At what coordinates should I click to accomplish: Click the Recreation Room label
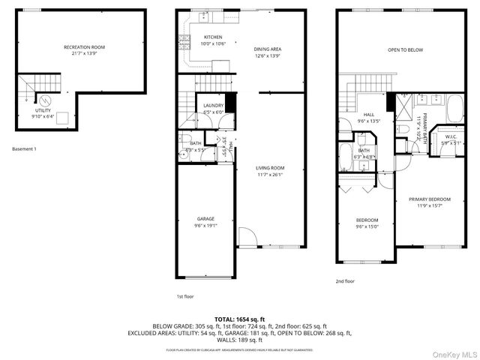pos(82,47)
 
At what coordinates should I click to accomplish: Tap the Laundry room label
pos(213,106)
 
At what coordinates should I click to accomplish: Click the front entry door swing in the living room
pos(247,237)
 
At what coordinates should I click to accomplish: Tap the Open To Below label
pos(404,50)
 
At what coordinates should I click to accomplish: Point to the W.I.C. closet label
pos(451,136)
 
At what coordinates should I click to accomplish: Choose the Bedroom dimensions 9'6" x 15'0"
pos(366,227)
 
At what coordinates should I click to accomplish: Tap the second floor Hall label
pos(369,115)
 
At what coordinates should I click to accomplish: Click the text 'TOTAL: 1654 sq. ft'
pos(240,319)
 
